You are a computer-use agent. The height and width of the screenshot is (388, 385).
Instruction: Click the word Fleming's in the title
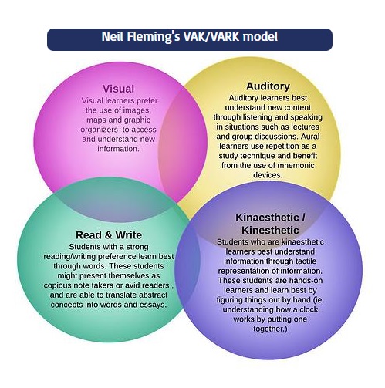point(154,37)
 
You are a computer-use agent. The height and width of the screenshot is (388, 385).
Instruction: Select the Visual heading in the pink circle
point(118,89)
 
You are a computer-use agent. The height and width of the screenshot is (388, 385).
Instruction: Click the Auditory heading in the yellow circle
point(268,86)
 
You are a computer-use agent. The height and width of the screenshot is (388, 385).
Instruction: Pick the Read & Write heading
point(109,235)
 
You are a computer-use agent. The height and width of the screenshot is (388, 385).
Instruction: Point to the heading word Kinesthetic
point(270,230)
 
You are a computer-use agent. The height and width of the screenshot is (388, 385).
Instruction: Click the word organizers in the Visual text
point(100,130)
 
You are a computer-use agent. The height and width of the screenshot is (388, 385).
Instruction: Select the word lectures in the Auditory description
point(305,127)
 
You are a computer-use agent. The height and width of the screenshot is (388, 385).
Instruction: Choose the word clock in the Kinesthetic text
point(309,309)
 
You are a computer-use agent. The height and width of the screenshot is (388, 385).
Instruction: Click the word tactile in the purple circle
point(306,261)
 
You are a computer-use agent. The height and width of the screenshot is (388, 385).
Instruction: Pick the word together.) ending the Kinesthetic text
point(270,329)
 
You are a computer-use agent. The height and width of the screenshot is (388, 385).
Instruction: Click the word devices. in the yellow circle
point(268,175)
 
